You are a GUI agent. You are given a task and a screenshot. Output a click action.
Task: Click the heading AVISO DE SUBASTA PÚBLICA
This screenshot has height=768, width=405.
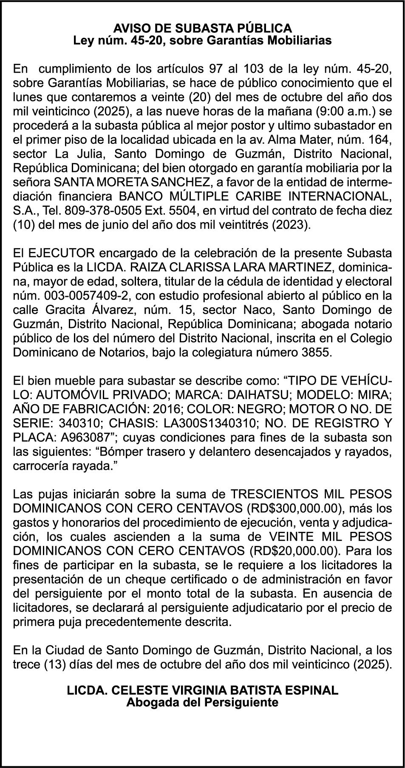tap(202, 29)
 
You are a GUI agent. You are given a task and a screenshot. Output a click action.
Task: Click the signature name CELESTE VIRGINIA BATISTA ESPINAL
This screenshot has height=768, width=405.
tap(219, 690)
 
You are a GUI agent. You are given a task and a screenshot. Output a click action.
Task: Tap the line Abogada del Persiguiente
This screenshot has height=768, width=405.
tap(202, 702)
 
